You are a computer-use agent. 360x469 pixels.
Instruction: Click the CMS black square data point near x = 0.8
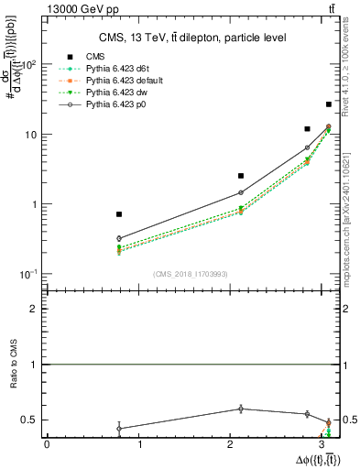(x=119, y=214)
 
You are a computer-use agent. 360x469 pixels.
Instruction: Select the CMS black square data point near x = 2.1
(x=241, y=175)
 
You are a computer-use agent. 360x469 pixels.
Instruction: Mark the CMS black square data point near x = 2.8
(x=307, y=129)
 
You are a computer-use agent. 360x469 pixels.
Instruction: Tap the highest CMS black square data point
(x=329, y=104)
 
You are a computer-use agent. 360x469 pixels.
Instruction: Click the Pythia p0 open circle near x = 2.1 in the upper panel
(x=241, y=192)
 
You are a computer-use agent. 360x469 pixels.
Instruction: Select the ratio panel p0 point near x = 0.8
(x=119, y=428)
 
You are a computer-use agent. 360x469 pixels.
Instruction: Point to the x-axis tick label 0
(x=47, y=444)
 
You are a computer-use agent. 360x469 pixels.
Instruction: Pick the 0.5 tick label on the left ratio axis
(x=34, y=420)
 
